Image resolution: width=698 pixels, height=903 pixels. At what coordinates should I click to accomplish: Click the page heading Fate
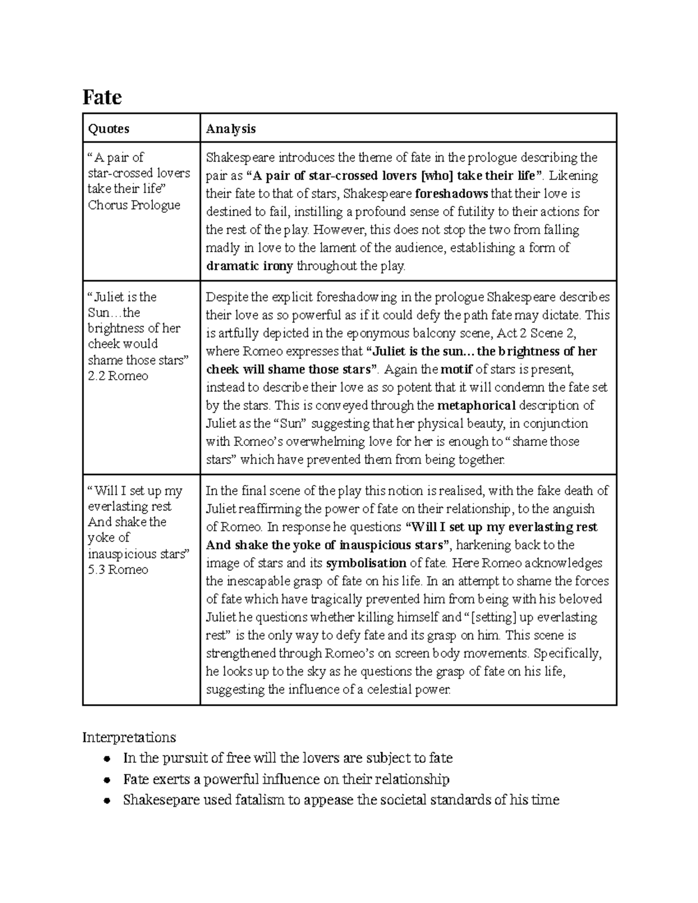pyautogui.click(x=102, y=97)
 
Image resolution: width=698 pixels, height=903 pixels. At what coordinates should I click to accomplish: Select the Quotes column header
pyautogui.click(x=108, y=129)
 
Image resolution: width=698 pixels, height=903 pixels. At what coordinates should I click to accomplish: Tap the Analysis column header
pyautogui.click(x=231, y=129)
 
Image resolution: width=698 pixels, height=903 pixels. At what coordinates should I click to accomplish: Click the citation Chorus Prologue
pyautogui.click(x=134, y=205)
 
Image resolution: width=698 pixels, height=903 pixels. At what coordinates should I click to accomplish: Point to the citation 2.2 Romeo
pyautogui.click(x=117, y=376)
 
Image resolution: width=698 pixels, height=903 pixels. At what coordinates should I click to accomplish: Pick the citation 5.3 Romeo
pyautogui.click(x=117, y=570)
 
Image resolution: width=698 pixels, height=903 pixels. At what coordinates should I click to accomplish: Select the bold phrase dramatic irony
pyautogui.click(x=250, y=266)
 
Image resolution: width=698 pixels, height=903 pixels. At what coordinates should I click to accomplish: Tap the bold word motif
pyautogui.click(x=456, y=369)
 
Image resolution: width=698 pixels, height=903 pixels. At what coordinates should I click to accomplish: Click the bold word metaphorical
pyautogui.click(x=476, y=405)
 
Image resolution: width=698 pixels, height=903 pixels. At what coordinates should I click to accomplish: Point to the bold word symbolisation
pyautogui.click(x=366, y=563)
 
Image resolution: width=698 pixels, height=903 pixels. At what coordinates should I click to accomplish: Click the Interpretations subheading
pyautogui.click(x=129, y=737)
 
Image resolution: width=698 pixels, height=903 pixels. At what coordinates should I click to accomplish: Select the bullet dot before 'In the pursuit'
pyautogui.click(x=106, y=759)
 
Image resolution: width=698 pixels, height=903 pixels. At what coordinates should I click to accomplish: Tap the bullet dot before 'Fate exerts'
pyautogui.click(x=106, y=780)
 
